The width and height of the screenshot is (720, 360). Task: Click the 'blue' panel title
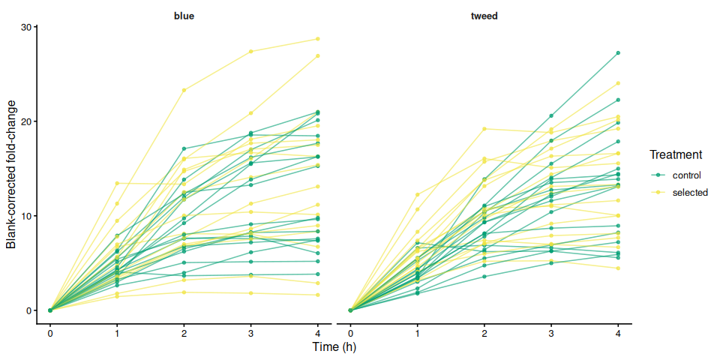click(x=184, y=15)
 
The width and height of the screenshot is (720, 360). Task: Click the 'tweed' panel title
click(x=484, y=15)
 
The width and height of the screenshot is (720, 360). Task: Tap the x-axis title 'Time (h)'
click(x=334, y=347)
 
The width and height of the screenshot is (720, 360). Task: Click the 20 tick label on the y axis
click(x=28, y=121)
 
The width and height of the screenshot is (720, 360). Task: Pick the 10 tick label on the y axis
click(x=28, y=216)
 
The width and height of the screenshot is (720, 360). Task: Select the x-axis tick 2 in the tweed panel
click(x=484, y=333)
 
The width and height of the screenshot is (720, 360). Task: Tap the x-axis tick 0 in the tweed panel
click(x=350, y=333)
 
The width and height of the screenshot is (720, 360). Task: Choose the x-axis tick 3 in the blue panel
click(x=250, y=333)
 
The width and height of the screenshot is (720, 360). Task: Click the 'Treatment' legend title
click(x=676, y=155)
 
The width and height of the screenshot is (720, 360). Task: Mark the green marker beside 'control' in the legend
click(x=658, y=175)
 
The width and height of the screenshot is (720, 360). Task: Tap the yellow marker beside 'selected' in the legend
click(x=658, y=193)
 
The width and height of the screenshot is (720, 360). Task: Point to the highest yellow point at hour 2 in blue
click(x=184, y=90)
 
